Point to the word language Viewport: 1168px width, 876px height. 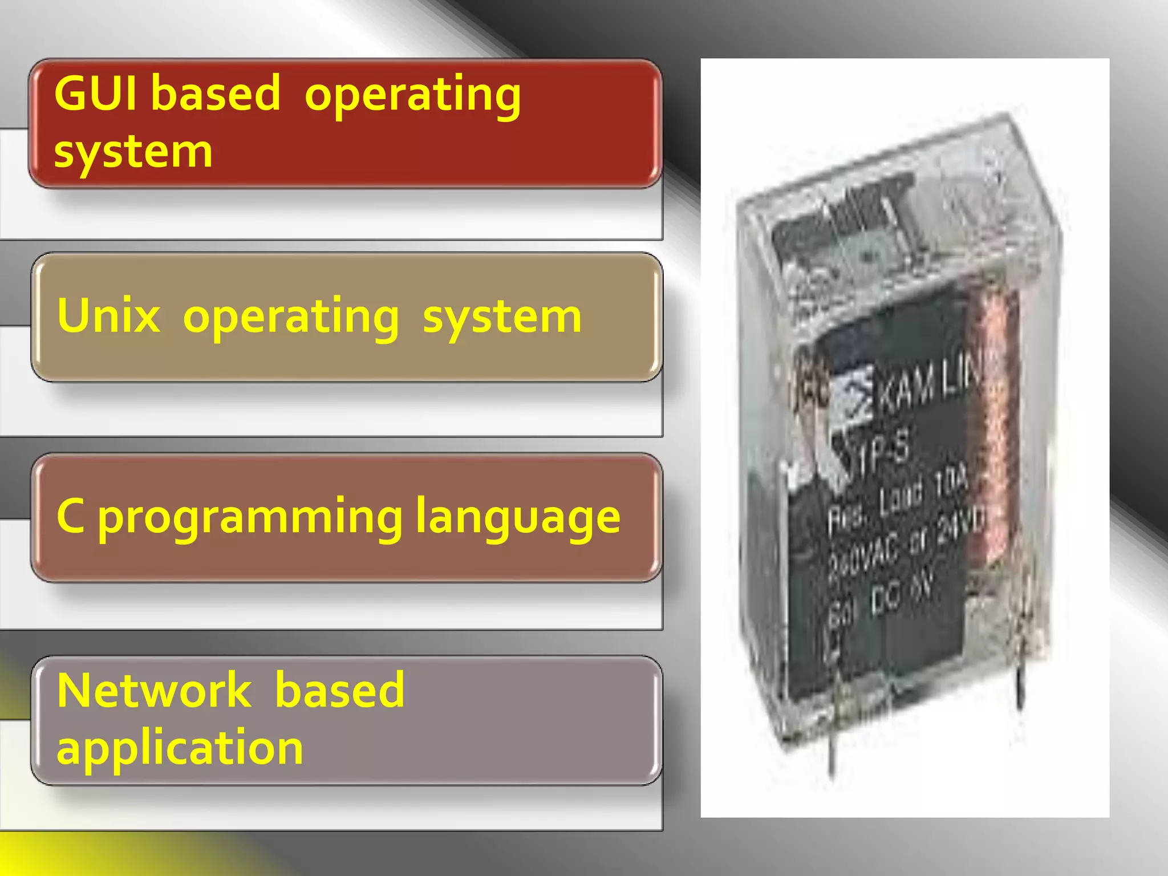point(518,518)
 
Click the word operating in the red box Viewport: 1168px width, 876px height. point(413,95)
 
